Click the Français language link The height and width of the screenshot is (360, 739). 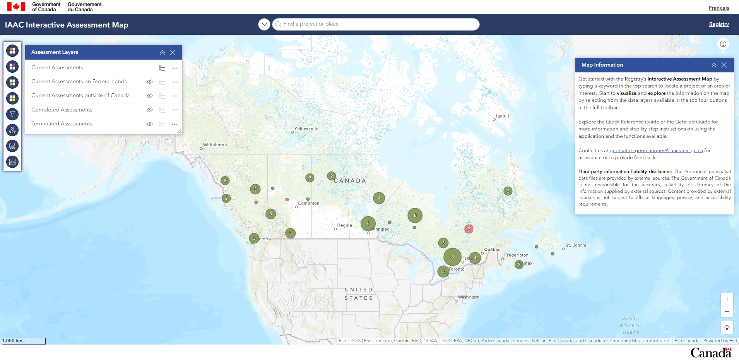pos(718,8)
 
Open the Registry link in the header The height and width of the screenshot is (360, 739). pos(718,24)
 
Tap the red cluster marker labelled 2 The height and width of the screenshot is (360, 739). pos(469,229)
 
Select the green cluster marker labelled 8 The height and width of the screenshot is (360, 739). pos(452,257)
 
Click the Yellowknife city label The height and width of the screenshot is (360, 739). pos(306,129)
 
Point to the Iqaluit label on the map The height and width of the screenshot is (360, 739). pos(502,116)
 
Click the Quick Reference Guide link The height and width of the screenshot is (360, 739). pos(632,122)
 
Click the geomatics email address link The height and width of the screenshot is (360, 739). pos(656,150)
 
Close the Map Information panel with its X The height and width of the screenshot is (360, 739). pos(724,65)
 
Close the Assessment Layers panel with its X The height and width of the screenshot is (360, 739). pos(173,52)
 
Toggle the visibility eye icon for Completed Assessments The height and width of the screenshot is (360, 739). pos(150,110)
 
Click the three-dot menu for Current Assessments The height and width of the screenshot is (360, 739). pos(174,68)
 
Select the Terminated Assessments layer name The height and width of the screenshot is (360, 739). pos(62,124)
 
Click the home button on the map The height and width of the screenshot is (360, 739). pos(727,327)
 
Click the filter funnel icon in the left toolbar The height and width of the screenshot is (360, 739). pos(12,114)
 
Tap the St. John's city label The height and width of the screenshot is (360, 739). pos(575,245)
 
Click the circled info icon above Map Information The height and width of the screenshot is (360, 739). pos(723,44)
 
